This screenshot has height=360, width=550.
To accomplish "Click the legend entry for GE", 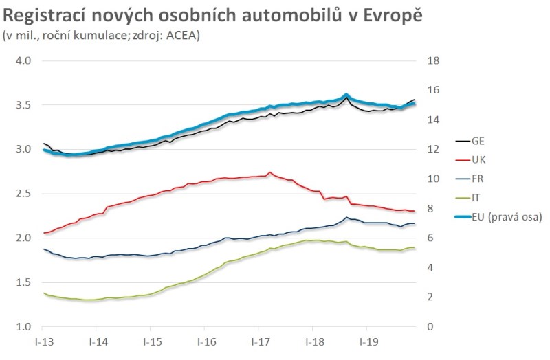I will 477,141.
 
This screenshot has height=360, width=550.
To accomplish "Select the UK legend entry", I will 477,159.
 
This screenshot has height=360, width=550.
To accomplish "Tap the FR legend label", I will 477,179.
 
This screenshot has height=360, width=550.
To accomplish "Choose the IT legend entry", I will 475,198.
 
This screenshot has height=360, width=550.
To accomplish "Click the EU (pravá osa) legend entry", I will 506,217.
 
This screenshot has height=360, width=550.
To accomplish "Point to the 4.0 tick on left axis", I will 24,60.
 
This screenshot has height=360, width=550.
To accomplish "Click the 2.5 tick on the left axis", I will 24,194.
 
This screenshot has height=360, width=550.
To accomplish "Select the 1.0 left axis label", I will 24,326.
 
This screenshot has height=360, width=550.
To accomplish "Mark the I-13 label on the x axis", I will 43,341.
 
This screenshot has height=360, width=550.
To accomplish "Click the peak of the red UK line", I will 269,172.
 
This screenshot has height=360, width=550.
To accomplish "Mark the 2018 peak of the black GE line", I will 345,98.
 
